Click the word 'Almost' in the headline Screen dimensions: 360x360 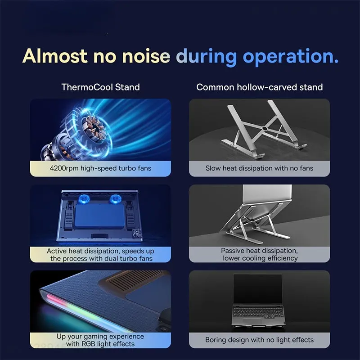[55, 56]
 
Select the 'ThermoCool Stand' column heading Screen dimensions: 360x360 [100, 87]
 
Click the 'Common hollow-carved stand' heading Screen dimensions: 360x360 [260, 87]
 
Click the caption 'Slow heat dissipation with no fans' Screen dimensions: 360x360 [260, 168]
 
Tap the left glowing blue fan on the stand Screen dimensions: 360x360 [84, 199]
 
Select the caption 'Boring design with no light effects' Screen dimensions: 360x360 [260, 340]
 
